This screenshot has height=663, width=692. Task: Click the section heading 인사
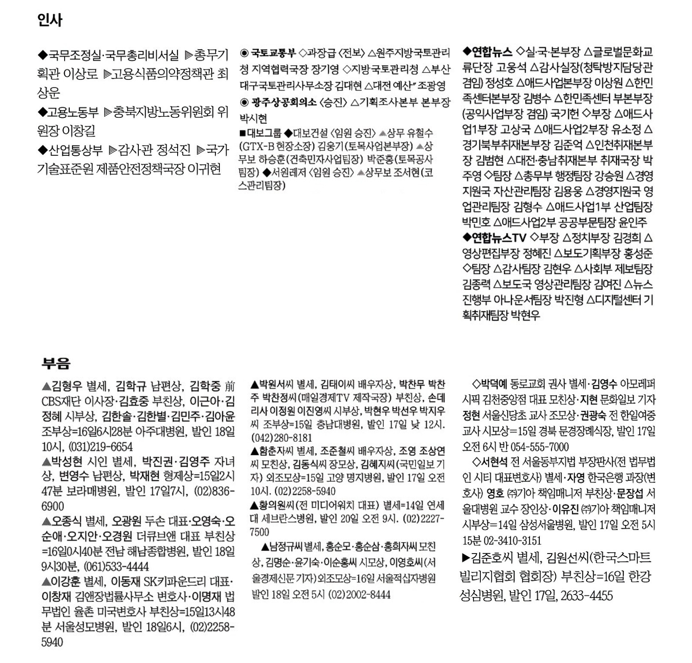50,20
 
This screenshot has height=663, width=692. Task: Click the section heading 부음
56,363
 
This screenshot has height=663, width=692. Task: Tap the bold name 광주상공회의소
284,103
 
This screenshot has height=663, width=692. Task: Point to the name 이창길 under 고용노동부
79,131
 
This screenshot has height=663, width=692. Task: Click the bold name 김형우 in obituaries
67,386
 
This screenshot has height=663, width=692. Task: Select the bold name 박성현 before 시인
67,462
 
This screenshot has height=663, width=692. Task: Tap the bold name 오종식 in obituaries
67,521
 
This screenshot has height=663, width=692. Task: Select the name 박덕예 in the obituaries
493,384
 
